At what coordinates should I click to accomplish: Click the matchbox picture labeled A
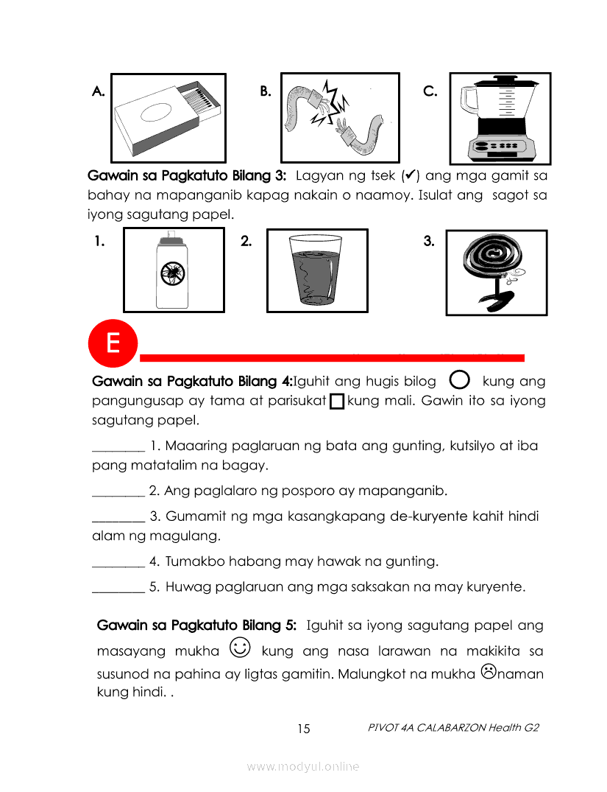[x=168, y=118]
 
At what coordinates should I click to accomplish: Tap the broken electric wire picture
[x=340, y=117]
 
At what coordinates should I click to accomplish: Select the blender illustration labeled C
[x=500, y=118]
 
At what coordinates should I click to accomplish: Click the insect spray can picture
[x=174, y=270]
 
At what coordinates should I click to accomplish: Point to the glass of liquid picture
[x=316, y=271]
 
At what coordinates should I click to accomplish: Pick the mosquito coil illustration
[x=497, y=272]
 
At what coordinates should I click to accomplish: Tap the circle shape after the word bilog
[x=458, y=380]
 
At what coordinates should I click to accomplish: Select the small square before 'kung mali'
[x=337, y=402]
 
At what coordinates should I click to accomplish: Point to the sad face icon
[x=488, y=671]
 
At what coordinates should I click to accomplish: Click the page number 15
[x=304, y=729]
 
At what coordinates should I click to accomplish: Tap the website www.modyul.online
[x=303, y=767]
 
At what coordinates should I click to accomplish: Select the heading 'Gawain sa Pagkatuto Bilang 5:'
[x=197, y=626]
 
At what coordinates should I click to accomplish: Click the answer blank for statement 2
[x=118, y=491]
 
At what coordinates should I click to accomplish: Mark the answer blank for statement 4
[x=118, y=562]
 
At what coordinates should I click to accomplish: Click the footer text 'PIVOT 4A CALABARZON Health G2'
[x=453, y=728]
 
